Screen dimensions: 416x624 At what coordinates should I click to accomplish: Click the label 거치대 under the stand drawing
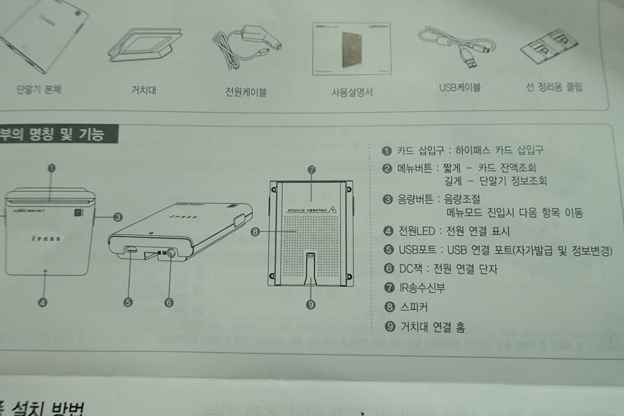(x=143, y=89)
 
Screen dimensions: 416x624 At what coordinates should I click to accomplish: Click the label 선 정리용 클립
(x=555, y=87)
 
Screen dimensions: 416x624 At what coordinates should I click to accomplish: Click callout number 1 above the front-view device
(x=52, y=167)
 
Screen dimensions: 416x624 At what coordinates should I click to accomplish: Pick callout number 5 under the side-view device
(x=128, y=302)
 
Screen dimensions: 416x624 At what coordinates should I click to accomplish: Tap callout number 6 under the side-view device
(x=168, y=302)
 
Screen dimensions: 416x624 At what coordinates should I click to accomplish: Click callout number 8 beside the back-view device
(x=255, y=233)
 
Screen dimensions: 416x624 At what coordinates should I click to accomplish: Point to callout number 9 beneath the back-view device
(x=311, y=303)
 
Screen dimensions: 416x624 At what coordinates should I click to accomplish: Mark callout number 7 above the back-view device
(x=311, y=168)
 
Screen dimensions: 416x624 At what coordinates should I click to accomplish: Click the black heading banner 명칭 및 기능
(x=59, y=134)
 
